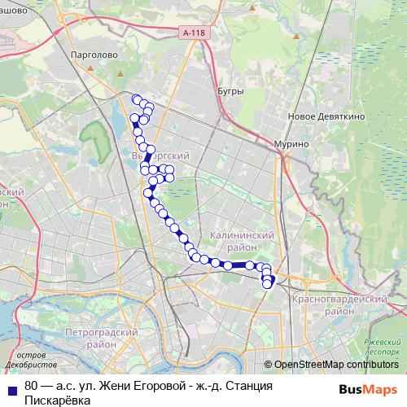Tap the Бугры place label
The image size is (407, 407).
(x=230, y=91)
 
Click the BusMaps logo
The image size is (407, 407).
(x=366, y=389)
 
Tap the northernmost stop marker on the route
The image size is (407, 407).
(x=137, y=99)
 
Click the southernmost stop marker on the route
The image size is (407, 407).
(x=266, y=284)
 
